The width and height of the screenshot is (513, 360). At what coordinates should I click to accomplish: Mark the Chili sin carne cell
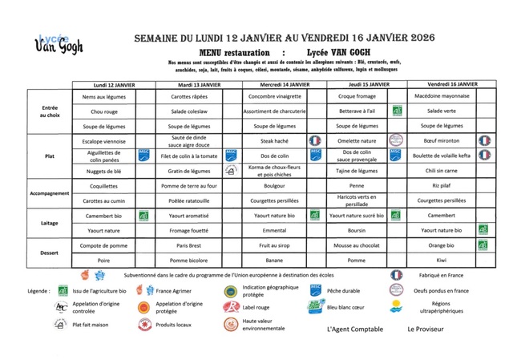click(x=442, y=170)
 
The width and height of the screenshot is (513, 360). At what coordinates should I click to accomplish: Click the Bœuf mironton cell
click(x=442, y=140)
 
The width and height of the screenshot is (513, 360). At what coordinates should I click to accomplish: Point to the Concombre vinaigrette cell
click(x=275, y=97)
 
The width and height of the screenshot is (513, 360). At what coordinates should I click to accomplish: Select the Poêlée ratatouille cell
click(x=189, y=200)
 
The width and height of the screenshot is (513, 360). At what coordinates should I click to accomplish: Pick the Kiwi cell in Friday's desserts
click(x=442, y=260)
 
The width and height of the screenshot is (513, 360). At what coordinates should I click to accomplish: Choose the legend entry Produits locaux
click(x=173, y=324)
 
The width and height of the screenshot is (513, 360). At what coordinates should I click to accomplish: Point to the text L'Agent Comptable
click(x=356, y=329)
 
